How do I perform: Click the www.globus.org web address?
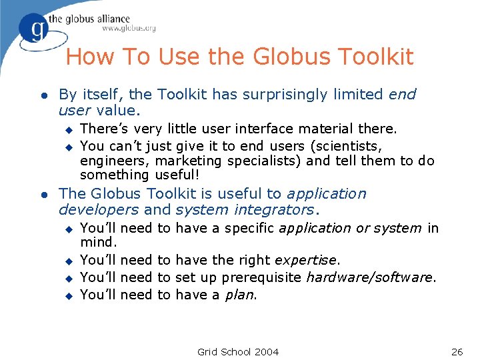point(129,29)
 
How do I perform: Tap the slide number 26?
point(457,351)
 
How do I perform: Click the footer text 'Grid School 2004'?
point(238,351)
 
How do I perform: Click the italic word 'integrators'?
point(273,210)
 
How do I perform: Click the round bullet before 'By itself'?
point(43,96)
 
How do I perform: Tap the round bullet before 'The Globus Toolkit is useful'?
point(43,195)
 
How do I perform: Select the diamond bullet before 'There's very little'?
point(67,129)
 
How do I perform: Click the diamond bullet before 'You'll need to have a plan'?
point(67,295)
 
